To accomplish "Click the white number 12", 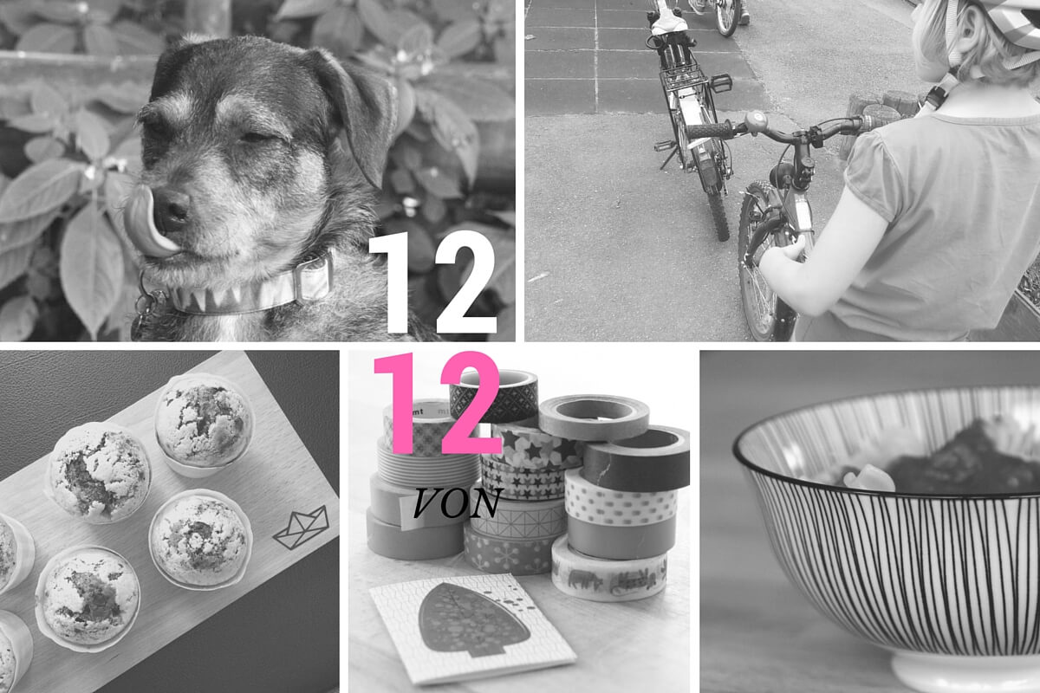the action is (x=432, y=282).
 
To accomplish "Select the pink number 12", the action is (x=438, y=403).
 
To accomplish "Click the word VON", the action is (x=458, y=503).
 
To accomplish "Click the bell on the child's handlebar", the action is (x=757, y=122).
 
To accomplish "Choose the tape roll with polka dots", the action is (x=620, y=502).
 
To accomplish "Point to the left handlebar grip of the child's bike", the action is (x=710, y=131).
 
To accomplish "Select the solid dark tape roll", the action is (x=636, y=459).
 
